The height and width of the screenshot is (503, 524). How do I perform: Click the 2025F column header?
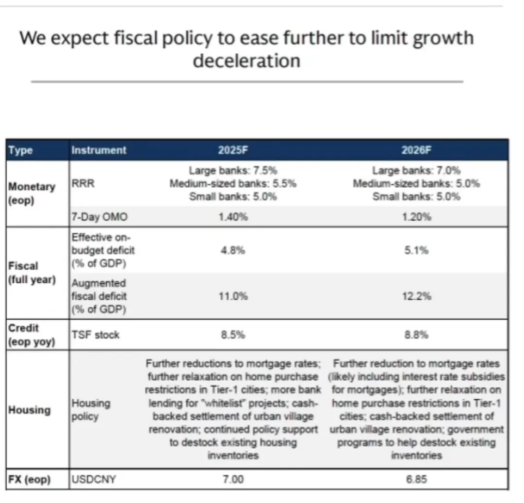(233, 150)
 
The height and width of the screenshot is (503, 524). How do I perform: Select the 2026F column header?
(416, 150)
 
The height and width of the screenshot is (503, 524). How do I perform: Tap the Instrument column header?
(98, 150)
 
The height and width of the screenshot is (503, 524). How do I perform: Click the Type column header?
(20, 150)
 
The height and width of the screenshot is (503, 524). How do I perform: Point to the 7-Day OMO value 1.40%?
(233, 217)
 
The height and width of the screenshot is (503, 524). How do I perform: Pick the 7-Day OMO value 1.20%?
(416, 217)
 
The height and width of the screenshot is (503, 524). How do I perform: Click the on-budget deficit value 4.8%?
(233, 250)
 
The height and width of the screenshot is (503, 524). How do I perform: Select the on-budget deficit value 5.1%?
(416, 250)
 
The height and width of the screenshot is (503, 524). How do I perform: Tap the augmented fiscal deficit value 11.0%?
(233, 296)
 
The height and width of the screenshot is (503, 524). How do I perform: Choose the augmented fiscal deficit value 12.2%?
(416, 296)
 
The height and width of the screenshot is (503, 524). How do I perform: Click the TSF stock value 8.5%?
(233, 335)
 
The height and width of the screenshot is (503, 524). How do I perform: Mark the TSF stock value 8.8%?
(416, 335)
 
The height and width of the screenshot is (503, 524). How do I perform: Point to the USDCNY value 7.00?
(233, 480)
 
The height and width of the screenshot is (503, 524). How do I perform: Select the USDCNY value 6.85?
(416, 480)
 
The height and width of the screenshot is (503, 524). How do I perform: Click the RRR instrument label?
(80, 184)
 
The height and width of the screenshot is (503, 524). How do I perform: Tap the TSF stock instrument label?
(95, 335)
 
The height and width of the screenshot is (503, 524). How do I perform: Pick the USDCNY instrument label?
(94, 480)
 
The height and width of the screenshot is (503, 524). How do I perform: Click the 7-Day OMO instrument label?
(99, 217)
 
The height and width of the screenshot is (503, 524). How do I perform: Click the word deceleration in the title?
(246, 61)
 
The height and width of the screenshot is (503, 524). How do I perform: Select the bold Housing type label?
(29, 410)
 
